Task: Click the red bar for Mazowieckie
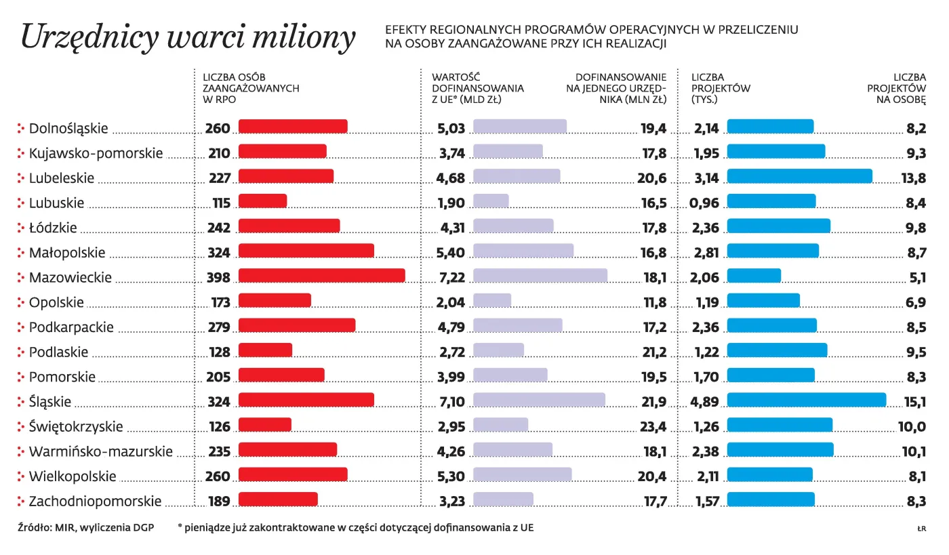point(321,276)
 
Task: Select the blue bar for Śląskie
point(806,400)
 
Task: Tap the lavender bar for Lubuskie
point(491,201)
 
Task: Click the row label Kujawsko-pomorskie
point(96,153)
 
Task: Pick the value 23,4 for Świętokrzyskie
point(653,427)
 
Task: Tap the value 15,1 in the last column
point(915,403)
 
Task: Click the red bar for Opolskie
point(275,300)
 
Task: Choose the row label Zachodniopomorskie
point(95,501)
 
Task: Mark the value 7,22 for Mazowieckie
point(451,277)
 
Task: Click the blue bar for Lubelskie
point(799,176)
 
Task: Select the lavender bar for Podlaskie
point(498,350)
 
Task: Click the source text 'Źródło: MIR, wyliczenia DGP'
point(85,527)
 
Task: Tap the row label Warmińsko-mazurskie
point(100,451)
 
